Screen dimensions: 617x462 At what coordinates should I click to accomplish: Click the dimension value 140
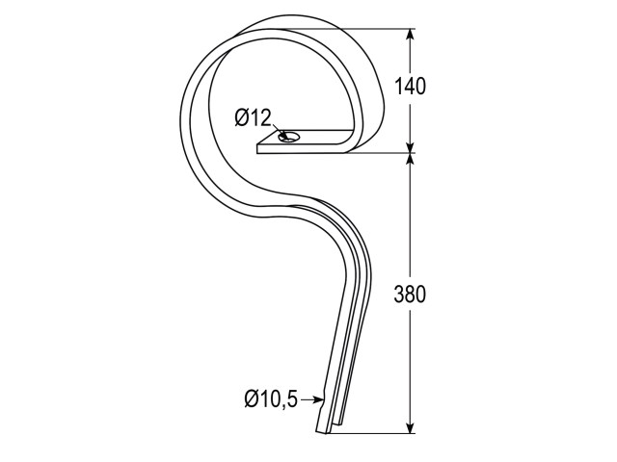[x=410, y=87]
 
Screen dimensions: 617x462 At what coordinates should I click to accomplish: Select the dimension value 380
[x=410, y=295]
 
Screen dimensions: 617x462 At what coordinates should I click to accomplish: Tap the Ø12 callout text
[x=254, y=117]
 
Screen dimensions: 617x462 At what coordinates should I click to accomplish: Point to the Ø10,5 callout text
[x=271, y=399]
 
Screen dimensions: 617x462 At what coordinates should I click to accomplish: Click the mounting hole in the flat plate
[x=288, y=137]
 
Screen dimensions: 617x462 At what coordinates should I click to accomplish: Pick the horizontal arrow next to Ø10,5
[x=312, y=400]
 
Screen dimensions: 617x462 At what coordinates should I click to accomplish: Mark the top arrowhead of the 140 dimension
[x=411, y=36]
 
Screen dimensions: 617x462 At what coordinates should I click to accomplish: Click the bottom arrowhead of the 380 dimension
[x=411, y=426]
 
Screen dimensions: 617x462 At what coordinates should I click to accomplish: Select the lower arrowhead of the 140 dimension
[x=411, y=145]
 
